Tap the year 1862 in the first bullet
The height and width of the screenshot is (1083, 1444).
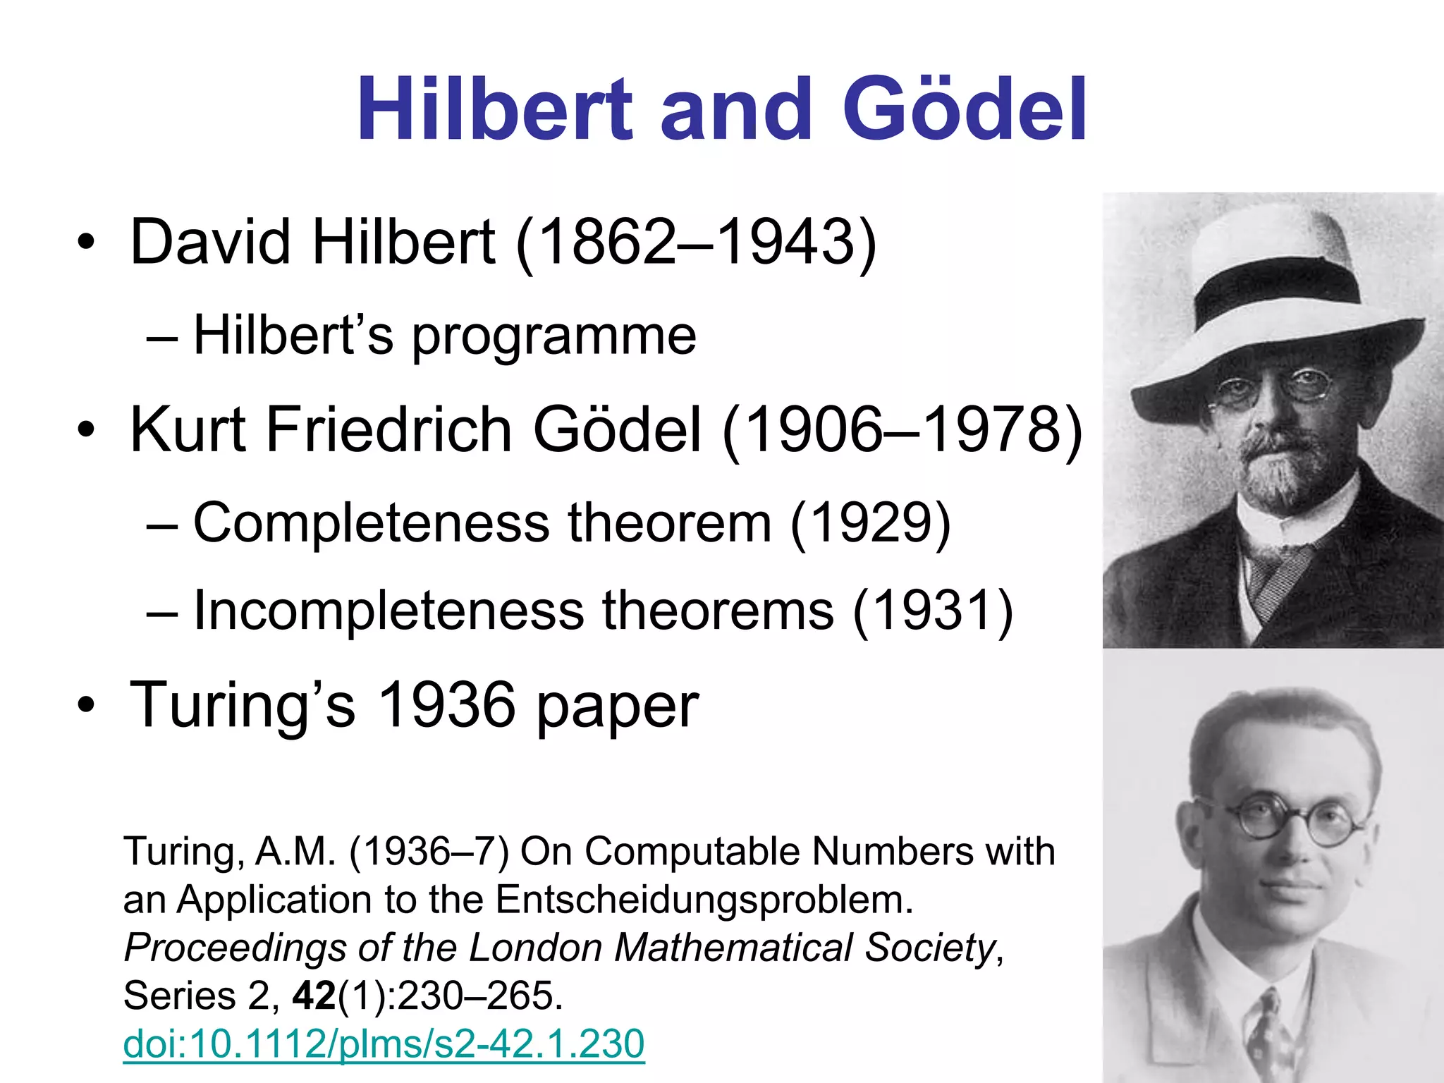coord(607,242)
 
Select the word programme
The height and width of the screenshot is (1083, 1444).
coord(553,336)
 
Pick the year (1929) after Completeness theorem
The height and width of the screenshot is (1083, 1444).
coord(870,523)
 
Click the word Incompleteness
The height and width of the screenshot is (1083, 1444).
coord(388,611)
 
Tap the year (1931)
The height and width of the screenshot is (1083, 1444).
coord(933,611)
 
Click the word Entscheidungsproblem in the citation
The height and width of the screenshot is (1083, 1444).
coord(704,900)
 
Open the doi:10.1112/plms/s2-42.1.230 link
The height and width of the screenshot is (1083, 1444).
coord(384,1044)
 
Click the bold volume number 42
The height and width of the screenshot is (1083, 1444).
coord(314,996)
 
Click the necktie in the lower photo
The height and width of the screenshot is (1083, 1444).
coord(1269,1036)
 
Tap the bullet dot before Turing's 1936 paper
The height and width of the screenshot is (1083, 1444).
coord(86,705)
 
